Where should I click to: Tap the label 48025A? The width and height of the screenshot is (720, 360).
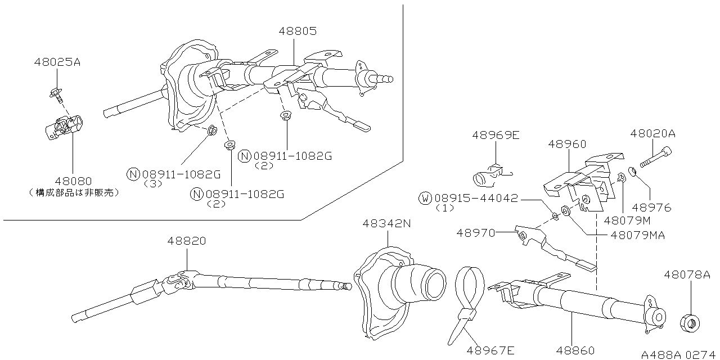(57, 62)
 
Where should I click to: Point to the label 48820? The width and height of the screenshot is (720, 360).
(186, 241)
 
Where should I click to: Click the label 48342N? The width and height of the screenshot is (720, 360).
(387, 223)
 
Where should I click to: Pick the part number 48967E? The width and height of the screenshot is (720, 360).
(490, 351)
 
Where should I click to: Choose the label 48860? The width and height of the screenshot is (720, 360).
(575, 351)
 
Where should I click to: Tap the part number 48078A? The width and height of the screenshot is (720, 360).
(687, 275)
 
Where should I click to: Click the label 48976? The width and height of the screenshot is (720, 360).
(652, 208)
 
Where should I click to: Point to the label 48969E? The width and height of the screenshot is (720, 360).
(496, 135)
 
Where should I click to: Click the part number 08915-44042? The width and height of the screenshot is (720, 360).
(477, 199)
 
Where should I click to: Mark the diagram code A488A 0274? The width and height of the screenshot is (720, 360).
(679, 355)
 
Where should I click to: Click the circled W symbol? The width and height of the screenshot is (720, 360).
(425, 199)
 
